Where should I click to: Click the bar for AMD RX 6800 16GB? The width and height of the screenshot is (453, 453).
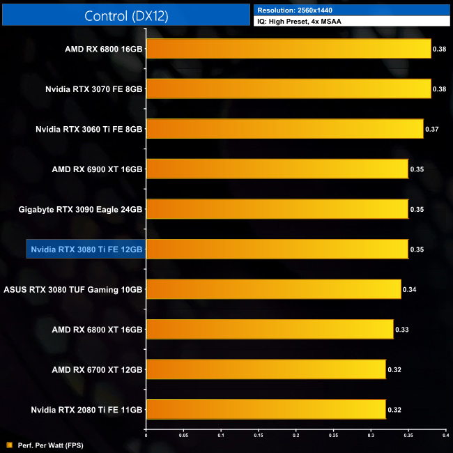(289, 49)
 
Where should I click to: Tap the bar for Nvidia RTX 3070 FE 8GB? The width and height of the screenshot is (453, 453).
(289, 89)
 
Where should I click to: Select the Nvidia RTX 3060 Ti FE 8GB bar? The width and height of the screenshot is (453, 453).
(284, 129)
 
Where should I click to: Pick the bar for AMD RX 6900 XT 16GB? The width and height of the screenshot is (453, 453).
(277, 169)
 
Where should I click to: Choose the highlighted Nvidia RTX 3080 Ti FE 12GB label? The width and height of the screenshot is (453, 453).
(86, 249)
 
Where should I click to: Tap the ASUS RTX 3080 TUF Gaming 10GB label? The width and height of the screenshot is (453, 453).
(73, 289)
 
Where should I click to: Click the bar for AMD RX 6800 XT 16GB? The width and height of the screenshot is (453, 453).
(269, 329)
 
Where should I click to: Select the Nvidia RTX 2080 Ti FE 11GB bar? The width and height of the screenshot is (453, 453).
(266, 409)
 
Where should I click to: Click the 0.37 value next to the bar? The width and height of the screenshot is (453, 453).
(431, 129)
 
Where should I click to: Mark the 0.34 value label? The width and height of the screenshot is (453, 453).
(409, 289)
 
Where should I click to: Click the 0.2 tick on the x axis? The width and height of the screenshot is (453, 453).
(295, 436)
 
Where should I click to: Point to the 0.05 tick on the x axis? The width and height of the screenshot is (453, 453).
(183, 436)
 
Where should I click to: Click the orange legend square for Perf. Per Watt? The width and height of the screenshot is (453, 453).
(10, 444)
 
